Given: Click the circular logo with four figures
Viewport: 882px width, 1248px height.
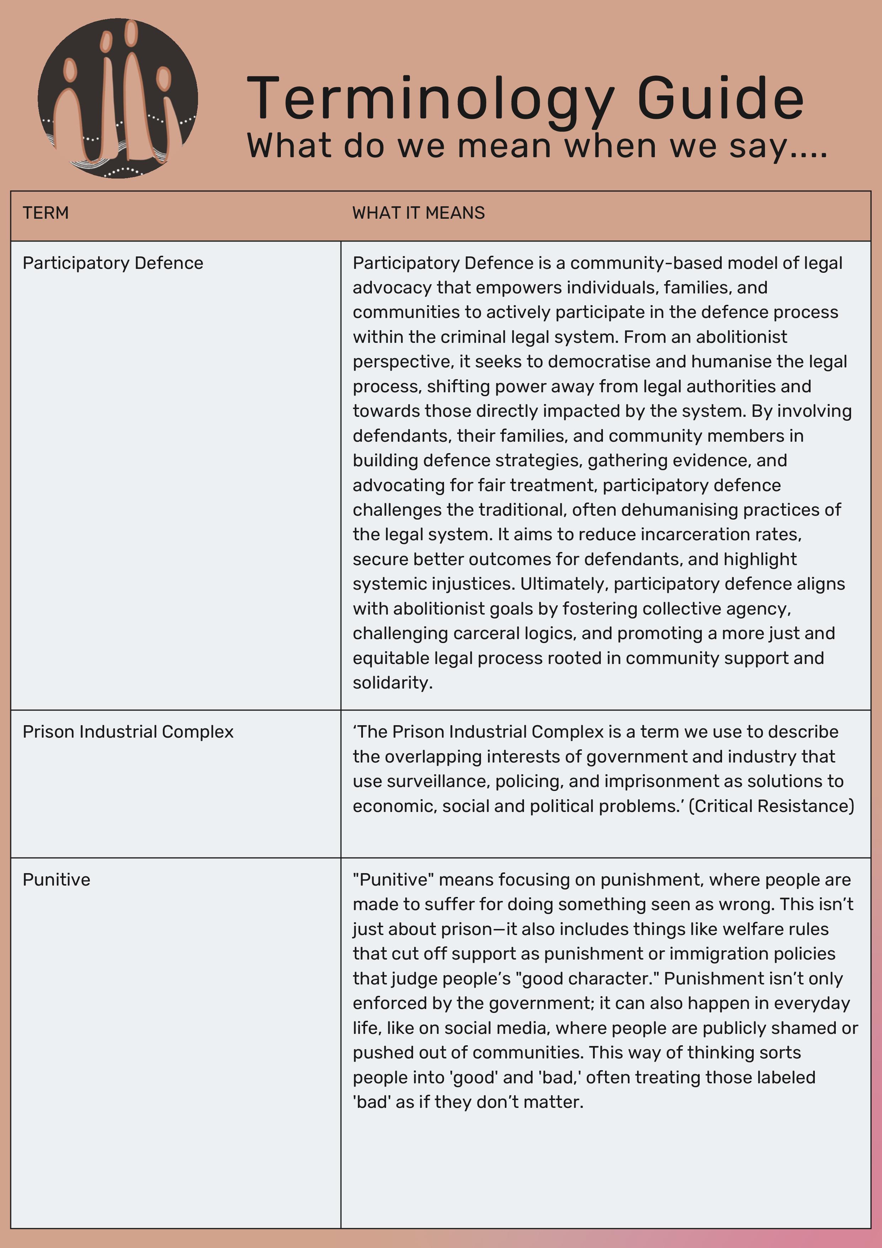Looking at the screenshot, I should click(x=117, y=99).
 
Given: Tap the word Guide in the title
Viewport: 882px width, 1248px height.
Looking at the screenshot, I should click(x=720, y=99).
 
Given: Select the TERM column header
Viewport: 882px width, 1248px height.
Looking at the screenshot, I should click(x=46, y=213).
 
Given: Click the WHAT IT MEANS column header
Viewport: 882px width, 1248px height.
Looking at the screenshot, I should click(x=418, y=213).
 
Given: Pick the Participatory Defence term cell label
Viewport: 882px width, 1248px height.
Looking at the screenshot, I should click(x=112, y=263).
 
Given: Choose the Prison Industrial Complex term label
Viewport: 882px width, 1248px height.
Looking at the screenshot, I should click(x=128, y=732).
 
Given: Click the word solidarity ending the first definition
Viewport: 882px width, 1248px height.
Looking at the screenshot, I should click(x=392, y=683).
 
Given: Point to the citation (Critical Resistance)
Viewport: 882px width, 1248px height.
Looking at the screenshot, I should click(x=771, y=806).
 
